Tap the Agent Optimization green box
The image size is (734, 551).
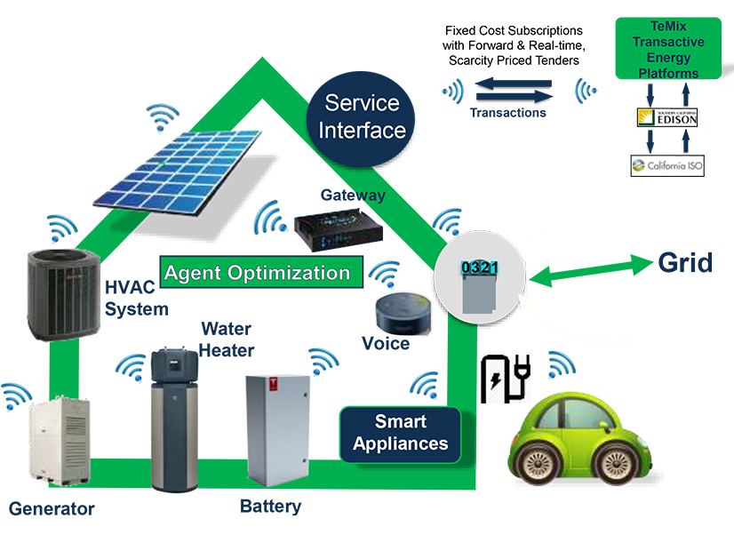tap(262, 272)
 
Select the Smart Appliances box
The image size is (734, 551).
tap(400, 433)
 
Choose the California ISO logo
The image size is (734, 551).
tap(666, 164)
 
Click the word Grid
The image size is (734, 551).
tap(685, 262)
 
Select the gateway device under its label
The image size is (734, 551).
tap(339, 223)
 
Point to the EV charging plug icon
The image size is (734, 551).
tap(504, 378)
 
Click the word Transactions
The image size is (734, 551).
tap(507, 113)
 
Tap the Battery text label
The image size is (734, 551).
tap(271, 507)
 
